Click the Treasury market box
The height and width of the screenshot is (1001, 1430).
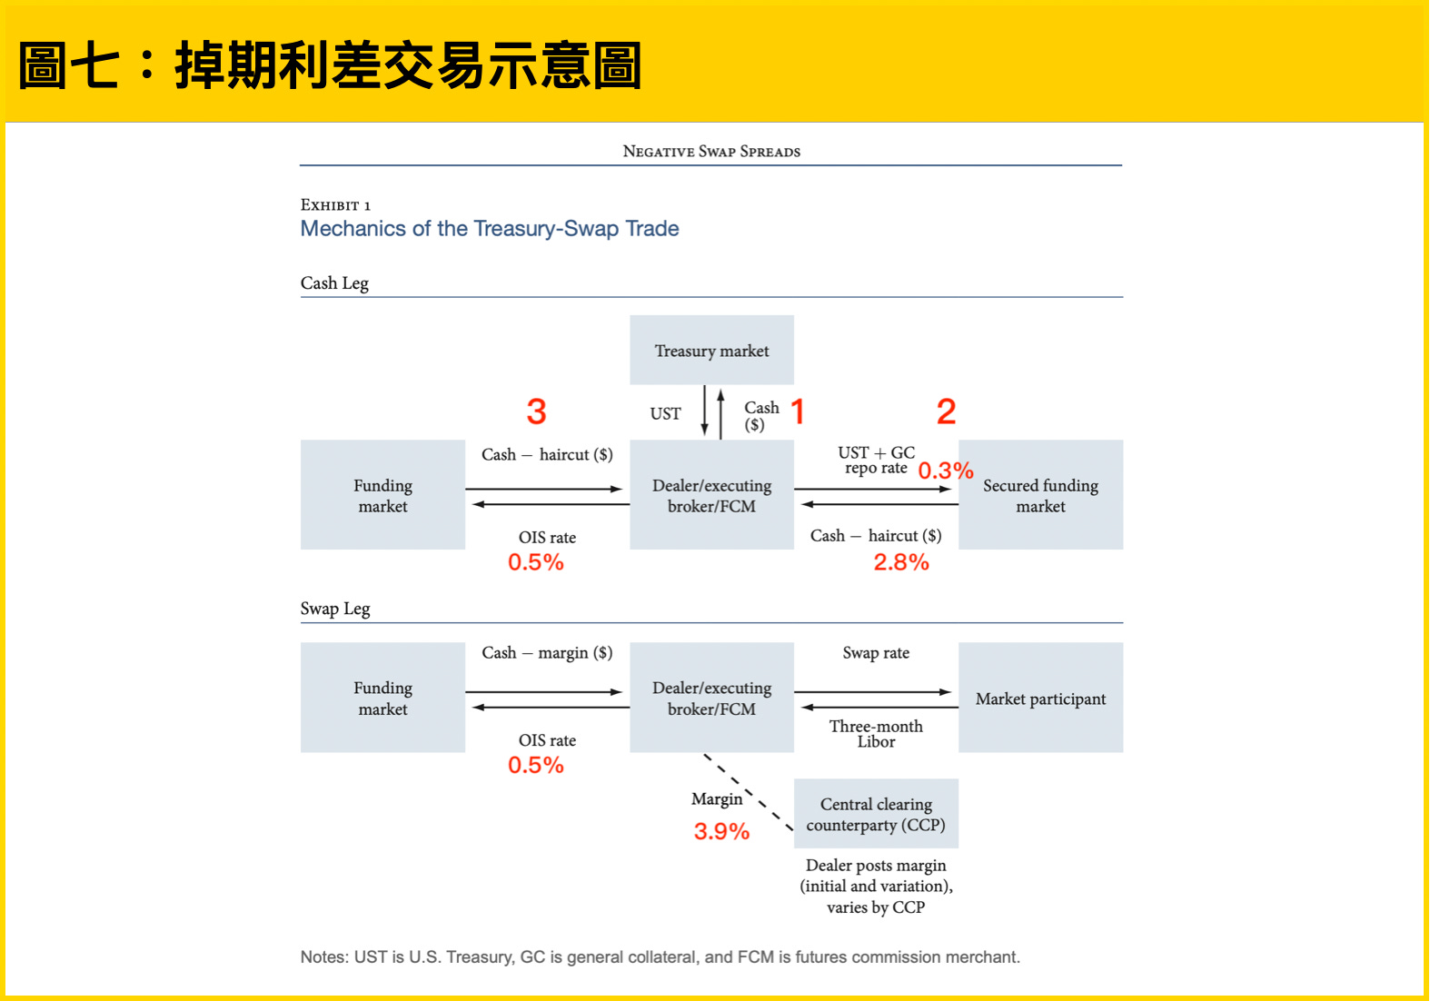coord(711,350)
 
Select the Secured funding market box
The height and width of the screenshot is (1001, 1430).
coord(1040,495)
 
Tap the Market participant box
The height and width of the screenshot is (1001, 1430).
coord(1040,698)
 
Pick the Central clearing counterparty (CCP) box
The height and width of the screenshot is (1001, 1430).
coord(876,814)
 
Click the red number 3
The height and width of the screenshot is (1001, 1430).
coord(536,411)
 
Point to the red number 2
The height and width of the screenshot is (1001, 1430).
coord(946,411)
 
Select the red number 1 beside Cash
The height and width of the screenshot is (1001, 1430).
coord(798,411)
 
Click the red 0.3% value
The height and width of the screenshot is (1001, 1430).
coord(946,471)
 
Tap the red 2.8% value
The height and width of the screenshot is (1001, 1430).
coord(901,562)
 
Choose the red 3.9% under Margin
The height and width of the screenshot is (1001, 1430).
coord(721,831)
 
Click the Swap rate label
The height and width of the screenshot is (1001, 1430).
coord(876,652)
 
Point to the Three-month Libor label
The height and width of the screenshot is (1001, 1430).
coord(876,734)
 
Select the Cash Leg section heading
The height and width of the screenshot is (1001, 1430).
coord(334,282)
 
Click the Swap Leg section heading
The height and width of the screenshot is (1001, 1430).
coord(335,609)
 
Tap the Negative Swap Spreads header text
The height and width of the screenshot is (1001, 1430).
coord(711,152)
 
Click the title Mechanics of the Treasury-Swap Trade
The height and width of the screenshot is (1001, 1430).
coord(490,228)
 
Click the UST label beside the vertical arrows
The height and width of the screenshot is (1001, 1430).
coord(665,414)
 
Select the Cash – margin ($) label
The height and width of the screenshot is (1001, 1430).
coord(547,652)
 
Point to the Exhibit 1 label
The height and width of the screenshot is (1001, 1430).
coord(335,205)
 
